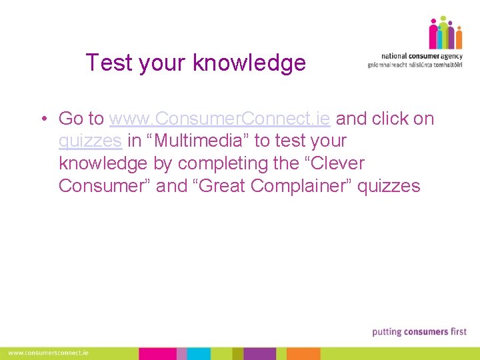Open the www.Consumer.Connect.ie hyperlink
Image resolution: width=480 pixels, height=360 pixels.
(219, 119)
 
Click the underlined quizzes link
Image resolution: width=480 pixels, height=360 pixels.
(90, 141)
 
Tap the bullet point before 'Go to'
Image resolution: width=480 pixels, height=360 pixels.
(42, 119)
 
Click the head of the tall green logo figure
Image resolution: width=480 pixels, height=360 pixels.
(443, 19)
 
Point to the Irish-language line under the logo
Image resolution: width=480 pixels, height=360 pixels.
(415, 65)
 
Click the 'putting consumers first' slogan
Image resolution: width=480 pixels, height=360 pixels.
(419, 331)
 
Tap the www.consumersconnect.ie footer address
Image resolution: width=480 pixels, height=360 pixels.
(49, 353)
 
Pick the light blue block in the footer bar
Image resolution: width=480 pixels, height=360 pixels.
(182, 353)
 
